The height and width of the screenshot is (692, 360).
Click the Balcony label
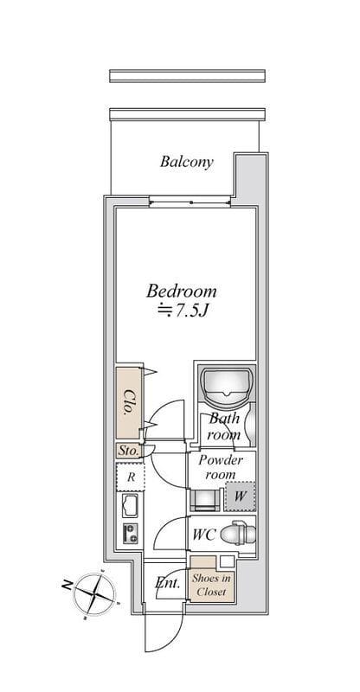pos(186,162)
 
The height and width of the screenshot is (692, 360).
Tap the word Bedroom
pos(182,291)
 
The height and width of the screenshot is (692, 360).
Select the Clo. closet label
pos(129,401)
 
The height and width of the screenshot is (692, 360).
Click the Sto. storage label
pos(128,451)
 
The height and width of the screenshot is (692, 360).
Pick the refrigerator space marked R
pos(131,477)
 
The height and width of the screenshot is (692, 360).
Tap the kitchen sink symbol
pos(131,506)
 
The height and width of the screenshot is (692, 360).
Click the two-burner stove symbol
pos(131,533)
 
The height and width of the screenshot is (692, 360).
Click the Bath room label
pos(224,426)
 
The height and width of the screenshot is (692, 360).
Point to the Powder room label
pos(221,467)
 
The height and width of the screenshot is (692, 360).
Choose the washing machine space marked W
pos(240,497)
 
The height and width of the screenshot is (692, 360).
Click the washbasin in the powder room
pos(204,500)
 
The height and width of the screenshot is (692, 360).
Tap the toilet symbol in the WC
pos(239,533)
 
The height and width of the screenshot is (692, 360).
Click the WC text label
pos(204,535)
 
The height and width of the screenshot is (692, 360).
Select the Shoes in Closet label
pos(211,585)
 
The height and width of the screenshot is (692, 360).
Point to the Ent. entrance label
pos(168,583)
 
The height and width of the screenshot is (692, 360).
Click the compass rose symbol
pos(94,594)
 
